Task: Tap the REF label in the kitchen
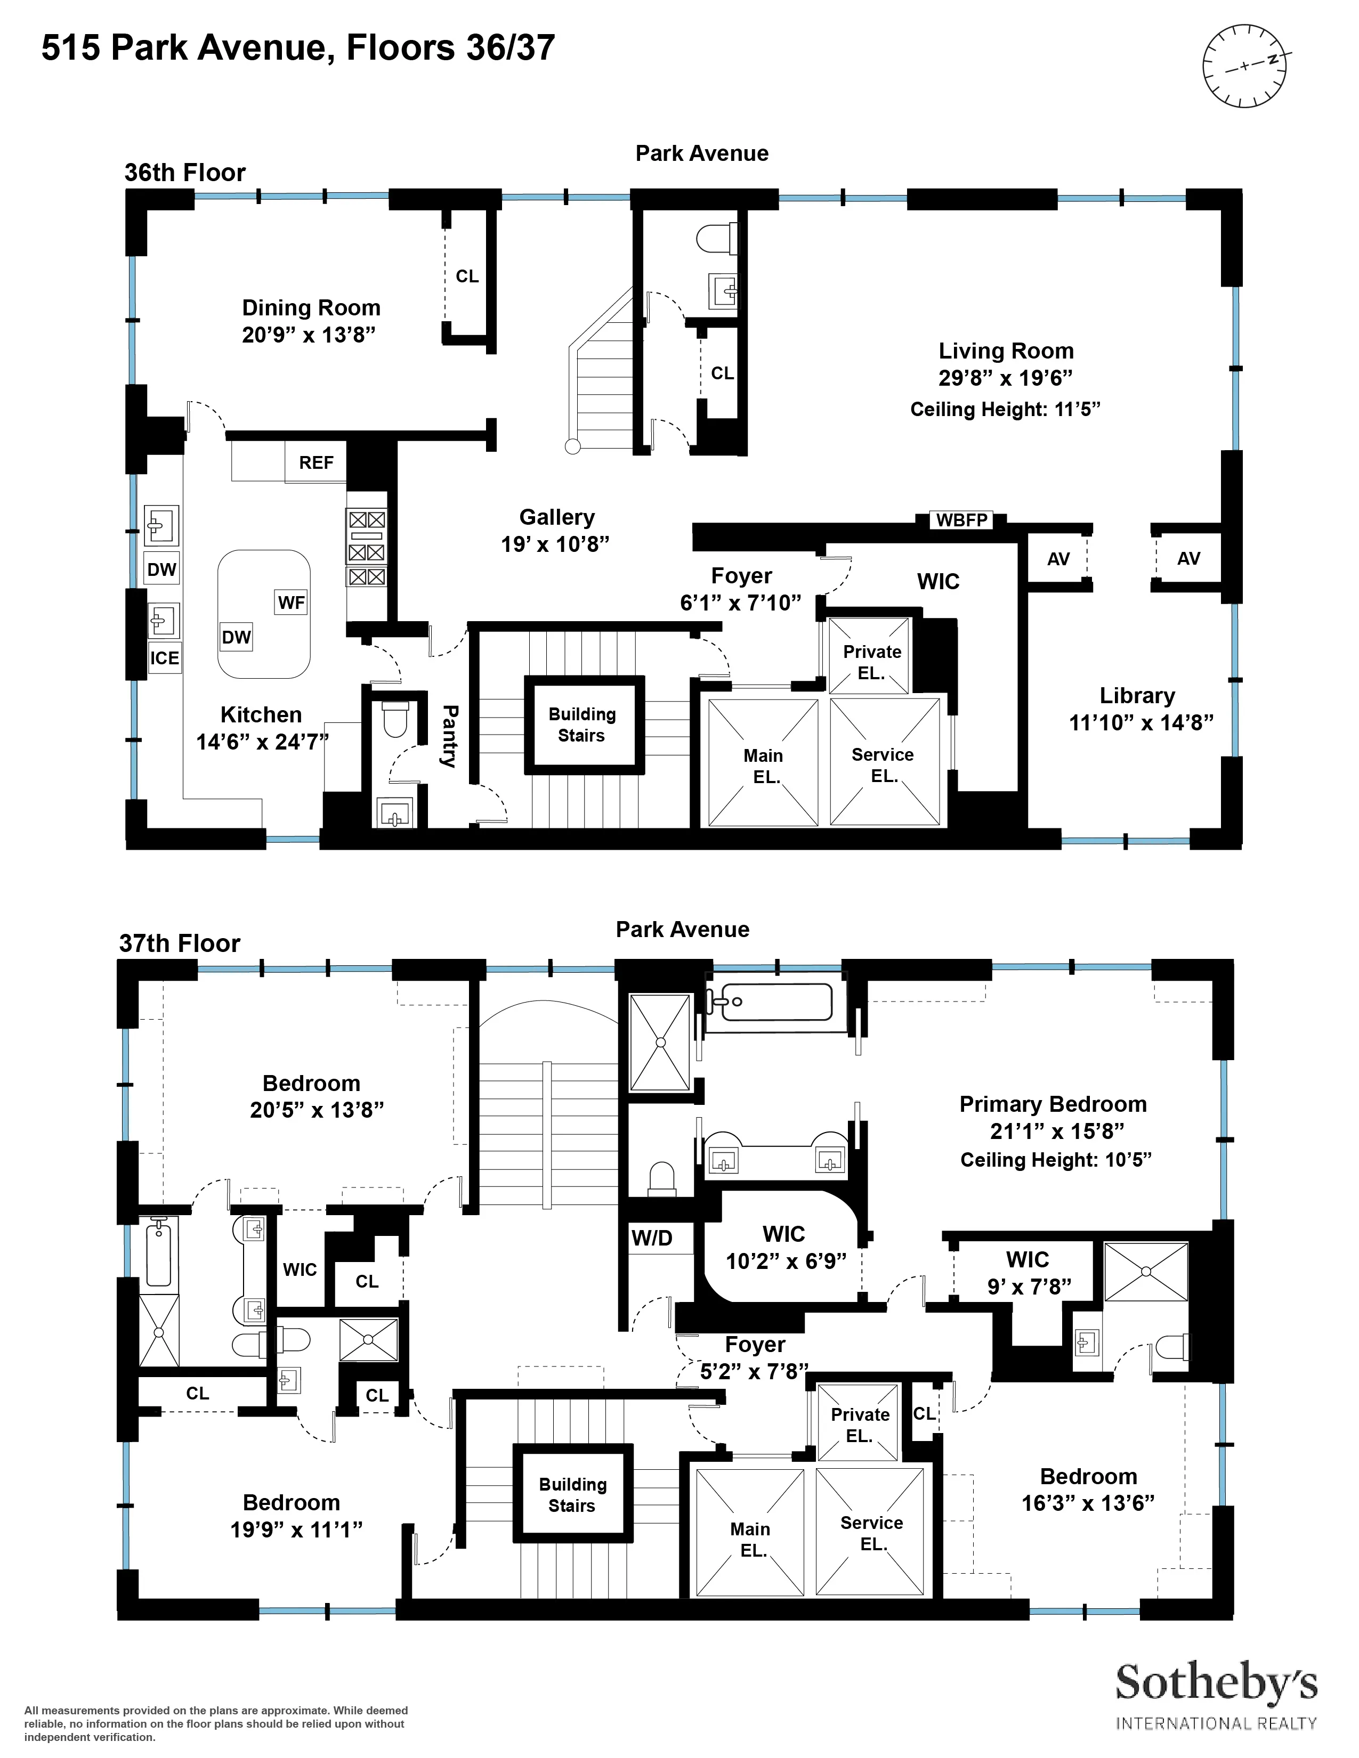(316, 463)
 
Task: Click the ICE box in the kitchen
(164, 657)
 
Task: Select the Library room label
(1137, 695)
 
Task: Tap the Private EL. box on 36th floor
(871, 662)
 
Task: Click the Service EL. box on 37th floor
(871, 1533)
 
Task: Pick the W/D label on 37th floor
(652, 1238)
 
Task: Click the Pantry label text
(449, 736)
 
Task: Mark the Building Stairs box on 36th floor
(583, 725)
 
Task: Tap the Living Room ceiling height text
(1005, 410)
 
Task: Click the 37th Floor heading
(180, 943)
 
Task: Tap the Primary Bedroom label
(1052, 1104)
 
